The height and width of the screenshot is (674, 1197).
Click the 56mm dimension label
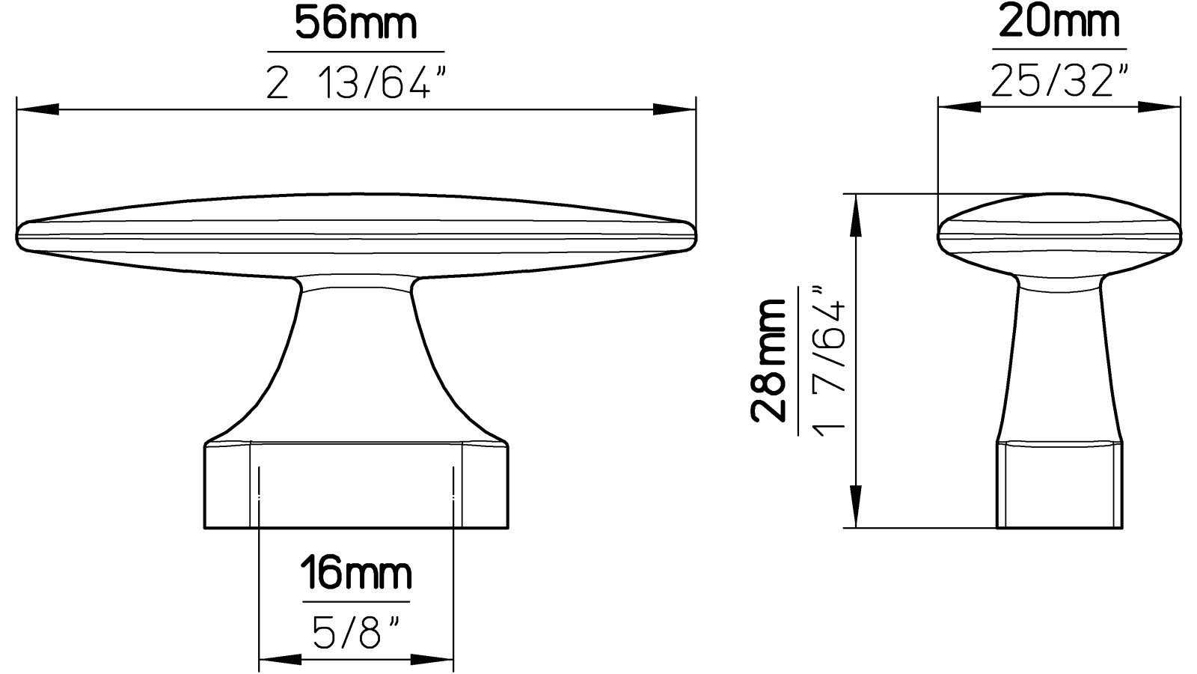[355, 24]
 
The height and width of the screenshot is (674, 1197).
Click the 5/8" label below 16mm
[356, 634]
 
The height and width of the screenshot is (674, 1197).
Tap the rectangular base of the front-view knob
[357, 487]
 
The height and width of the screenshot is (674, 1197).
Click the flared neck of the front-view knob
[356, 359]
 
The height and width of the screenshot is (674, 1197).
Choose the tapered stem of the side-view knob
[1059, 359]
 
